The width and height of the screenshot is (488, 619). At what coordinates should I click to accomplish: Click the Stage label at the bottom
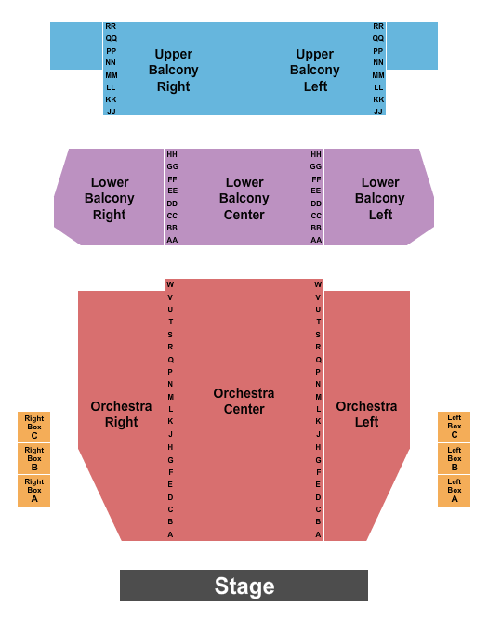(x=244, y=586)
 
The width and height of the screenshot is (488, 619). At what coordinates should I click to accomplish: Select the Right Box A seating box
(x=34, y=491)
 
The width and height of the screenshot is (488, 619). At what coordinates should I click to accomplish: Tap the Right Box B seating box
(x=34, y=459)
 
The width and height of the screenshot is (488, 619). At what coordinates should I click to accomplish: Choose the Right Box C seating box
(x=34, y=428)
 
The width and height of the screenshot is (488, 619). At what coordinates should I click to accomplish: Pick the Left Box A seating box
(x=454, y=491)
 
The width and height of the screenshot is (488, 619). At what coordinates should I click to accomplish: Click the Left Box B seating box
(x=454, y=459)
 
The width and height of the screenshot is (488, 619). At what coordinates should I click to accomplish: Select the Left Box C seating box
(x=454, y=428)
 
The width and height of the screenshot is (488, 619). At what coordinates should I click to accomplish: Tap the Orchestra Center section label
(x=244, y=402)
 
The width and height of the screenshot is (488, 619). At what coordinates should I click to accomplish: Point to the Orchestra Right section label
(x=121, y=415)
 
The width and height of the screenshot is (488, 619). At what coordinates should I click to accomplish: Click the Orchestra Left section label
(x=366, y=415)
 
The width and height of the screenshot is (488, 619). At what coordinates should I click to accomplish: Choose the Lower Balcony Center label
(x=244, y=198)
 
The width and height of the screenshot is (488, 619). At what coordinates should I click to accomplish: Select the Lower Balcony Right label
(x=110, y=198)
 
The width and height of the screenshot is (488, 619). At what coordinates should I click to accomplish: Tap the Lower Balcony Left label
(x=380, y=198)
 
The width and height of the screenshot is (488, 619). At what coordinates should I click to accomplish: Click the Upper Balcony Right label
(x=174, y=71)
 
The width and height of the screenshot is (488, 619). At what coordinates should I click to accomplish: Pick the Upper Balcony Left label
(x=315, y=71)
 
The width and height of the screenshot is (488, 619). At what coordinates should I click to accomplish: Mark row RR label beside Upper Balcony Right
(x=111, y=27)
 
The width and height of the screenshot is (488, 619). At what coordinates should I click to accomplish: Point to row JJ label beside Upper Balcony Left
(x=378, y=112)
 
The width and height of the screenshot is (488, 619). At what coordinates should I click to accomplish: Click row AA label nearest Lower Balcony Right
(x=172, y=240)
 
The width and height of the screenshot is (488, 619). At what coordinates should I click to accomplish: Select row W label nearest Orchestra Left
(x=318, y=284)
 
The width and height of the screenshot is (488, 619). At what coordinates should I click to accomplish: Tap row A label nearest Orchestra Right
(x=170, y=534)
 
